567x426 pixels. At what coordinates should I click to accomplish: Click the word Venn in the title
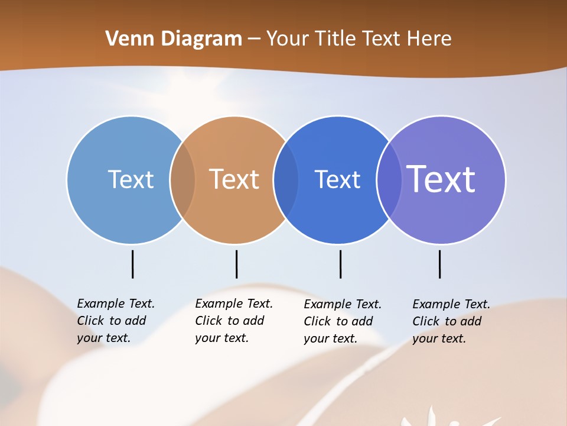125,38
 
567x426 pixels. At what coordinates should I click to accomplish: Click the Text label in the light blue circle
131,179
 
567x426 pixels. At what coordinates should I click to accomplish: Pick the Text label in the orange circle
234,179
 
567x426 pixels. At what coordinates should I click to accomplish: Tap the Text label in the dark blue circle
337,179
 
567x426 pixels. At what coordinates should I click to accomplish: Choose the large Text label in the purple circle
441,179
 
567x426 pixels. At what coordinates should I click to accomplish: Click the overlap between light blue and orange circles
183,179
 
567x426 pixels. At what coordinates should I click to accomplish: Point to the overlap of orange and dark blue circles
286,179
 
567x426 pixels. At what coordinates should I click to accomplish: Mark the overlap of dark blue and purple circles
389,179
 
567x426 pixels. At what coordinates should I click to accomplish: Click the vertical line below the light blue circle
132,264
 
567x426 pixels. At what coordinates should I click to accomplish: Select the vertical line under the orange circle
236,264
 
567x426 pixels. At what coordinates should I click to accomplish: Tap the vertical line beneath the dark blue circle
340,264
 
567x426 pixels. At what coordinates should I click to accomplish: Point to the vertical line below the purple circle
439,264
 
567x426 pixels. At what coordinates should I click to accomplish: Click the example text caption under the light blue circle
115,321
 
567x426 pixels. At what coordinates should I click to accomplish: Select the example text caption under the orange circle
233,321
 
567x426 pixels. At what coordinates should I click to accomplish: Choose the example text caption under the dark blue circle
342,321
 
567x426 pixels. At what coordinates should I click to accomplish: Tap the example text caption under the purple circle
451,321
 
